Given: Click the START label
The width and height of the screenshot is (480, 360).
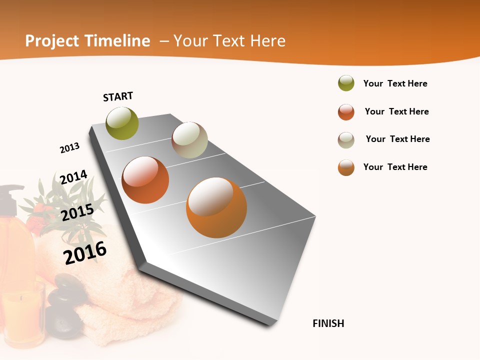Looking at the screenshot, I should coord(118,96).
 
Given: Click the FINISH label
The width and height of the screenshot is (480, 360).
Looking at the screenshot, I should coord(328,323).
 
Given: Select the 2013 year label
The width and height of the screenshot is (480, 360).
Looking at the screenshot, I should coord(69,148).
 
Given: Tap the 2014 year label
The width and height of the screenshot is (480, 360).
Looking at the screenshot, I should coord(73,177).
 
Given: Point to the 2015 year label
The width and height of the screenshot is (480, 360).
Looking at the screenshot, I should coord(77,212).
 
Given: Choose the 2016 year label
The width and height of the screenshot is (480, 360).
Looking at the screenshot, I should coord(85,252).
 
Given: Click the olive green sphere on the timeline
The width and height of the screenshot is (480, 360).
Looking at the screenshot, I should coord(122,123).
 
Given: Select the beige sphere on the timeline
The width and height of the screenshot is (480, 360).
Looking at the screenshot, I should coord(189,140).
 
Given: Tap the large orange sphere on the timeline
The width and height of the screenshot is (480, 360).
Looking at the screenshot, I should coord(216,207).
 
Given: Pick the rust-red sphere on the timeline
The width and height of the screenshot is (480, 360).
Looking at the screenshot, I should coord(145,180).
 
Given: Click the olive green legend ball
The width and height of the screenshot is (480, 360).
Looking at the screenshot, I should coord(346,83).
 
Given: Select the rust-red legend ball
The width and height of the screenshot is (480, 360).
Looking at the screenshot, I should coord(346,112).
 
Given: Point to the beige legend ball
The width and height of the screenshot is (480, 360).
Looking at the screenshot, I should coord(346,140).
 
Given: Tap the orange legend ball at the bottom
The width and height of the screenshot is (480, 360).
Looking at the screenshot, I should coord(346,167).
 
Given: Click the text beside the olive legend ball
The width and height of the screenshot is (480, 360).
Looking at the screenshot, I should coord(395,83).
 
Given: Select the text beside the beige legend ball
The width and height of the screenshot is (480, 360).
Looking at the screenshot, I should coord(397,139).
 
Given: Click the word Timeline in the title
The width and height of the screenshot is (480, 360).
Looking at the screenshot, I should coord(117,41).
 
